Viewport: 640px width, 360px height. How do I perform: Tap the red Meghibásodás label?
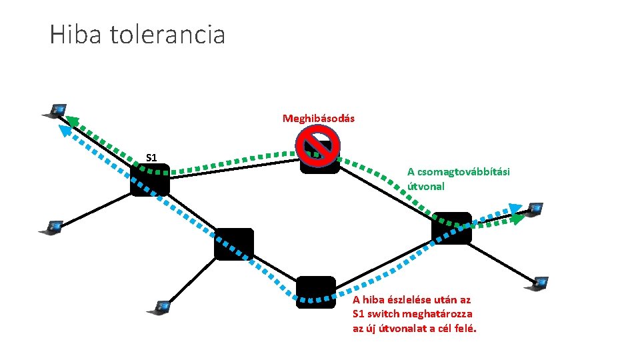[x=318, y=119]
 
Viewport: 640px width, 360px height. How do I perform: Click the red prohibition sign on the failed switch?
[x=318, y=145]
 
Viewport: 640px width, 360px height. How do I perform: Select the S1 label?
[x=151, y=158]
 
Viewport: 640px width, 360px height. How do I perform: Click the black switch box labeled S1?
[x=149, y=181]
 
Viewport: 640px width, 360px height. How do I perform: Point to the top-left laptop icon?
[x=55, y=110]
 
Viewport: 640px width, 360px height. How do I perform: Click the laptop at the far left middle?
[x=51, y=227]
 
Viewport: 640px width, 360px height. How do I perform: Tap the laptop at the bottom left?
[x=159, y=308]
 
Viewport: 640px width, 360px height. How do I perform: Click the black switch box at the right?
[x=451, y=228]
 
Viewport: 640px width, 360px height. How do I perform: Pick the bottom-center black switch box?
[x=315, y=292]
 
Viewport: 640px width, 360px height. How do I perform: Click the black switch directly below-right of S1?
[x=233, y=243]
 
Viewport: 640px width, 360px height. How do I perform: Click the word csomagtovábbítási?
[x=458, y=172]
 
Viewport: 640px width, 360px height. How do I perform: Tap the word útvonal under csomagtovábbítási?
[x=425, y=187]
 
